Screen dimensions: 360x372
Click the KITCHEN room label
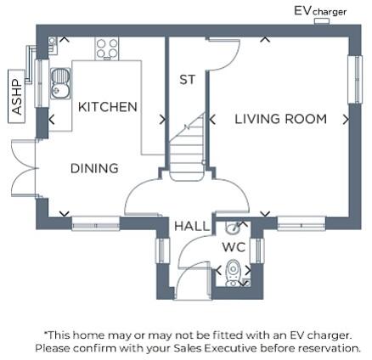tap(107, 107)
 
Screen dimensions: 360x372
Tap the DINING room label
tap(94, 168)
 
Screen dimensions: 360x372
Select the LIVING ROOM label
tap(280, 119)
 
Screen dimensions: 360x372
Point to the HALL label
tap(191, 227)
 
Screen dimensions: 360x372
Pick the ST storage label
tap(188, 79)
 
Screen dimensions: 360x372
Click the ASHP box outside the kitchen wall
tap(18, 96)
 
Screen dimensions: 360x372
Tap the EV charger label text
tap(319, 11)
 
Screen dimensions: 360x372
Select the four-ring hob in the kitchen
tap(107, 48)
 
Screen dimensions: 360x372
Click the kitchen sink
tap(59, 83)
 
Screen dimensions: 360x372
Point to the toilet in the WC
tap(234, 271)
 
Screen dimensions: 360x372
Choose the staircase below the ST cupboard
tap(187, 149)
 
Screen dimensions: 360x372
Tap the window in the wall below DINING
tap(95, 223)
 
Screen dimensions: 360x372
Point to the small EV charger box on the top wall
tap(321, 21)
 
